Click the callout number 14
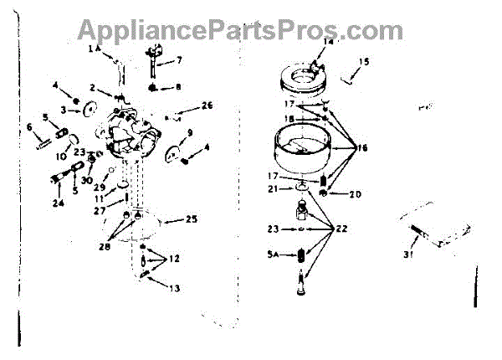pyautogui.click(x=328, y=41)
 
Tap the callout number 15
pyautogui.click(x=364, y=62)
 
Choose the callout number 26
pyautogui.click(x=207, y=105)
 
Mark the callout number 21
pyautogui.click(x=272, y=189)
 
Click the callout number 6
pyautogui.click(x=29, y=127)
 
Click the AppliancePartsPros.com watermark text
pyautogui.click(x=239, y=30)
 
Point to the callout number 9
pyautogui.click(x=191, y=133)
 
